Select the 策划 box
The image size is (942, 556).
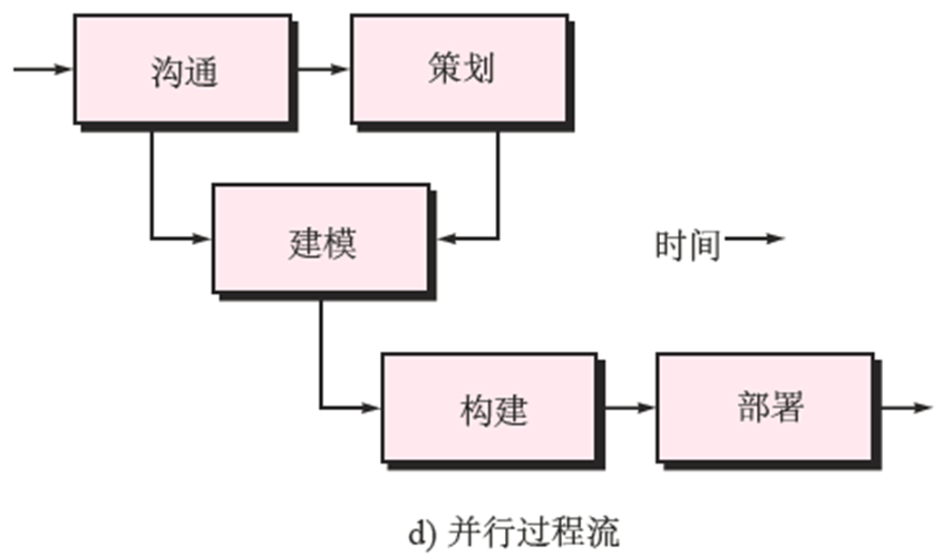[x=460, y=68]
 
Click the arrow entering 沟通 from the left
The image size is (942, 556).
[x=42, y=69]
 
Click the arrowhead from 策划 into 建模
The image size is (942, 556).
[x=446, y=239]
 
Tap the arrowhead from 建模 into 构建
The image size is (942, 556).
[x=371, y=408]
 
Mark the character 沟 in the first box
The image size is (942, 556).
[x=167, y=71]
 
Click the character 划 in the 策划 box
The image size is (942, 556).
[x=478, y=69]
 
